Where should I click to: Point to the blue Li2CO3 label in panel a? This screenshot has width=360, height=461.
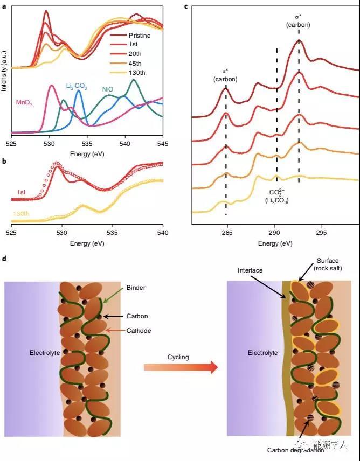(76, 86)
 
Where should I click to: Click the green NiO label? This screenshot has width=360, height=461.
(108, 89)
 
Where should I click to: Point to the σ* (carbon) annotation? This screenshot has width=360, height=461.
(298, 21)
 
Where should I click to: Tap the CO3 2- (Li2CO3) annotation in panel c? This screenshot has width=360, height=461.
(277, 197)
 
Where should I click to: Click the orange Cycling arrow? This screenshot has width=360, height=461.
(180, 368)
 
